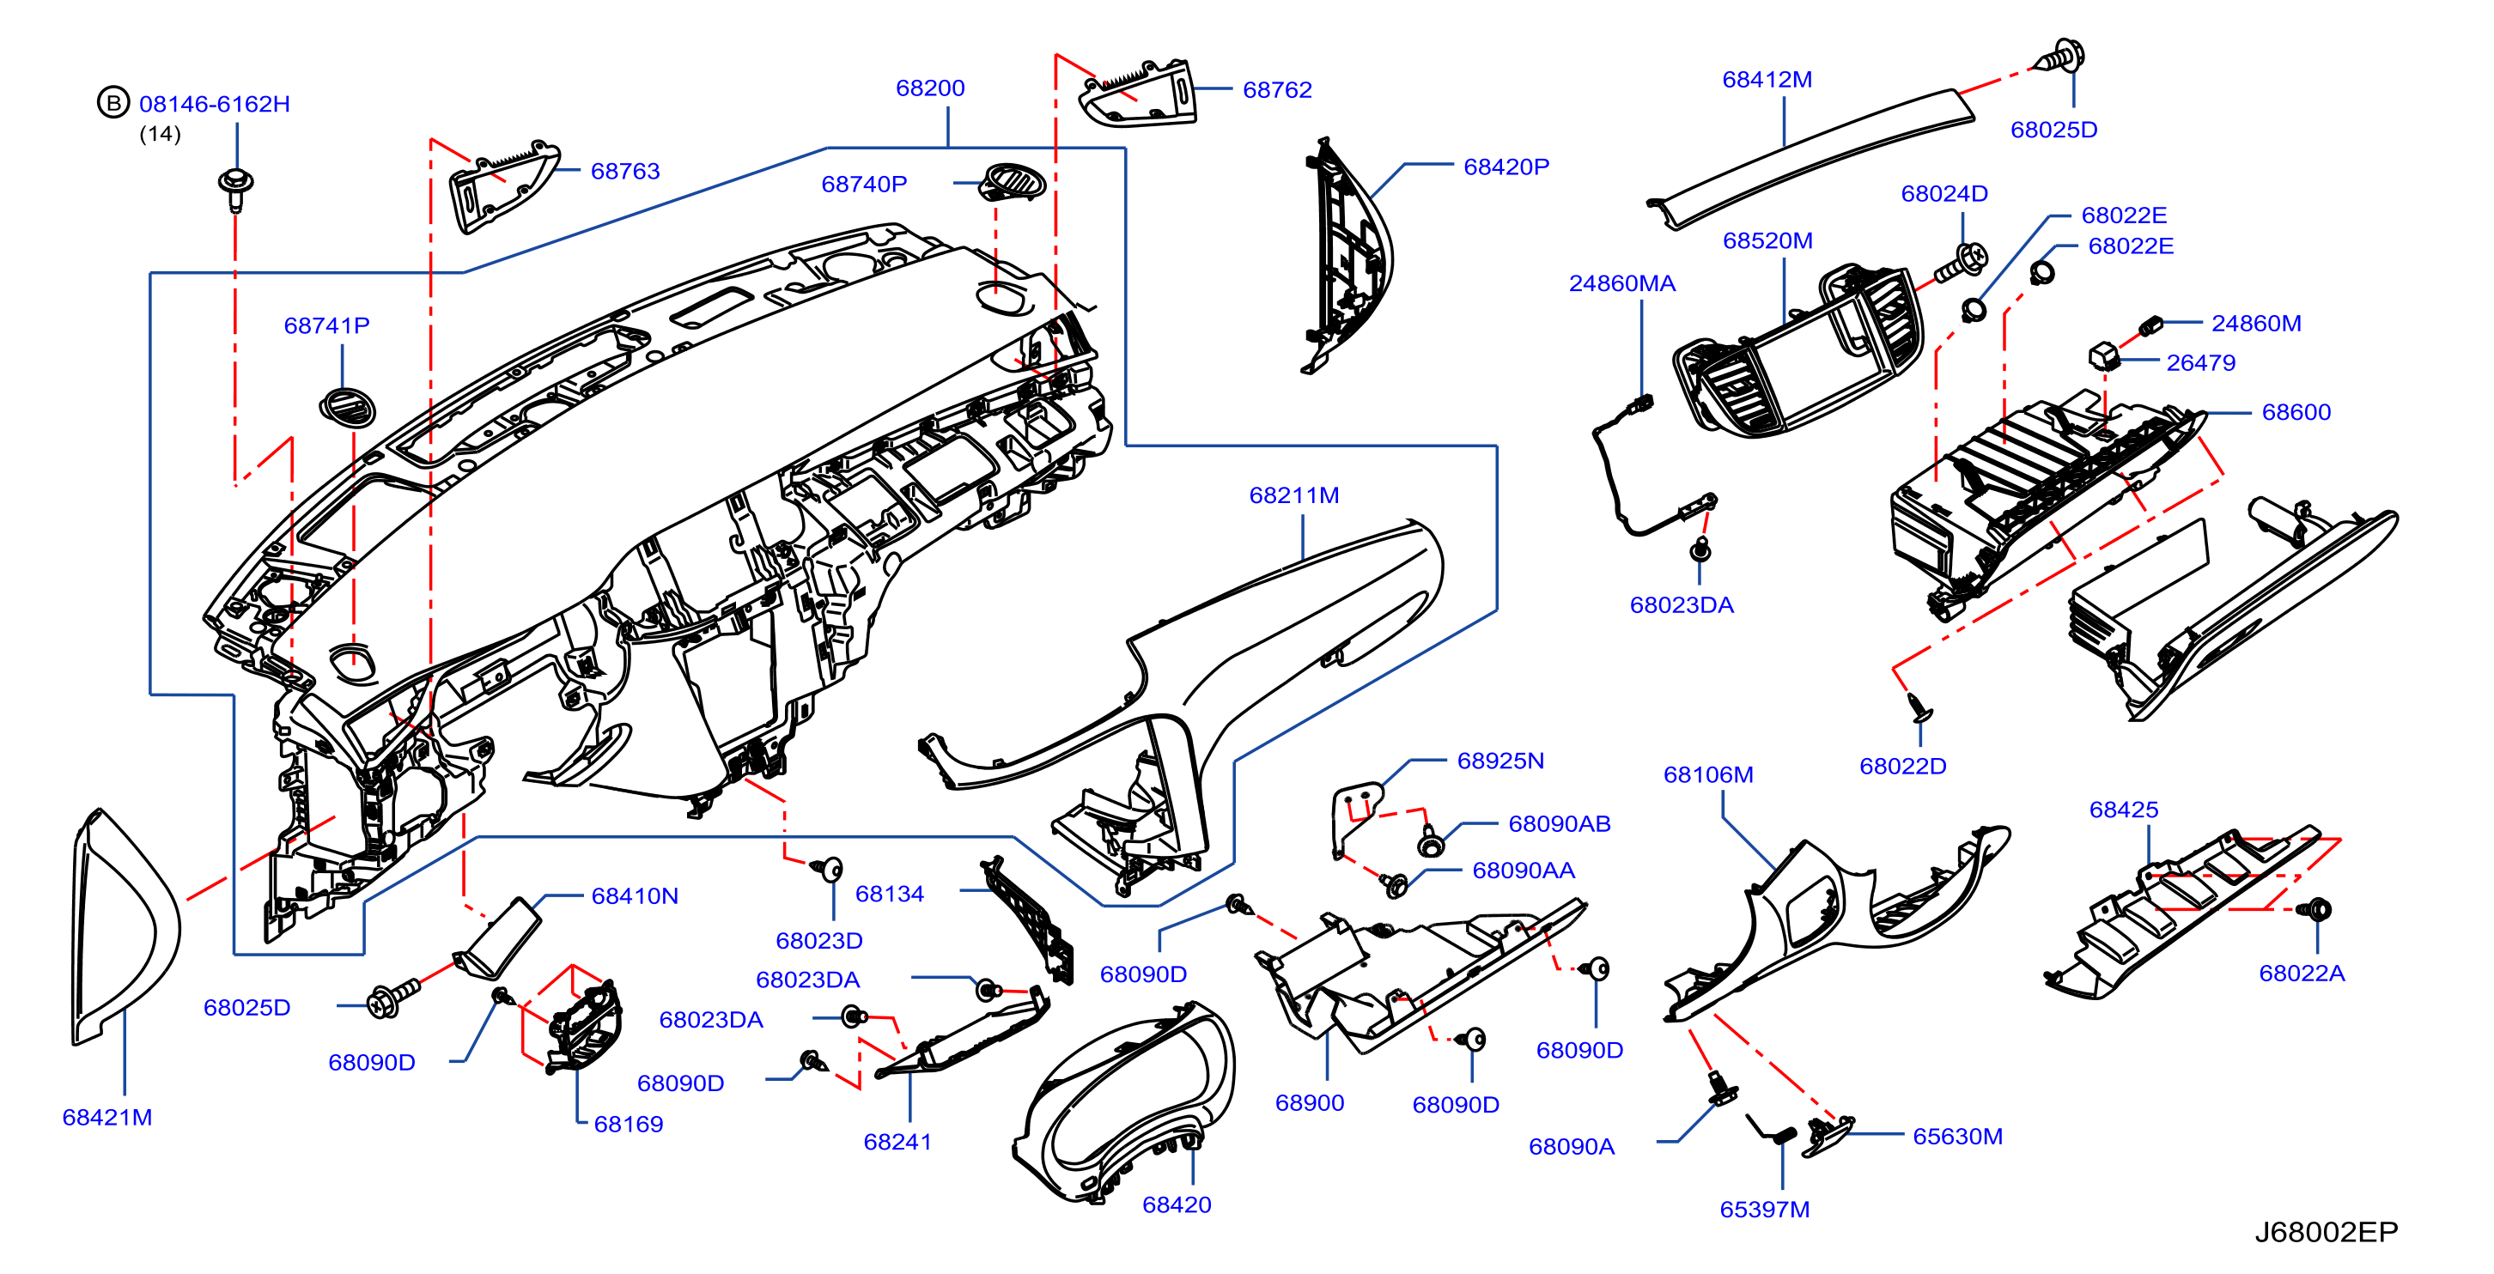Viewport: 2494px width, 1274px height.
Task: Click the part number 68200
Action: pos(929,88)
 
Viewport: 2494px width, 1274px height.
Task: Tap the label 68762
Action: pos(1277,90)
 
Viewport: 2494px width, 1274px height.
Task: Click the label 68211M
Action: pos(1293,495)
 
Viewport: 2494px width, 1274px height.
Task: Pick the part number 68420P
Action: pos(1506,167)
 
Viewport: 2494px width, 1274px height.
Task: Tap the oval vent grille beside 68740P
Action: pos(1013,182)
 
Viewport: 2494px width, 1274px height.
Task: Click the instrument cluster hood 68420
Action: pos(1123,1104)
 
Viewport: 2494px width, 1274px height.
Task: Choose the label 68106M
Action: pos(1708,774)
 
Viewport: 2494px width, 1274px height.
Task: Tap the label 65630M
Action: pos(1957,1137)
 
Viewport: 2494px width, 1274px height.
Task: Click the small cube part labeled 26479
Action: pos(2104,355)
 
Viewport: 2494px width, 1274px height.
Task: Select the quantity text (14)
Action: pos(160,134)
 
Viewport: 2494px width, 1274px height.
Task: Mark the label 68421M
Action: pos(107,1117)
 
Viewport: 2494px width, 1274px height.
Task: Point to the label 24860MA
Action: pos(1621,283)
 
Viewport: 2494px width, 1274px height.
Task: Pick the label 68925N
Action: pos(1500,761)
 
